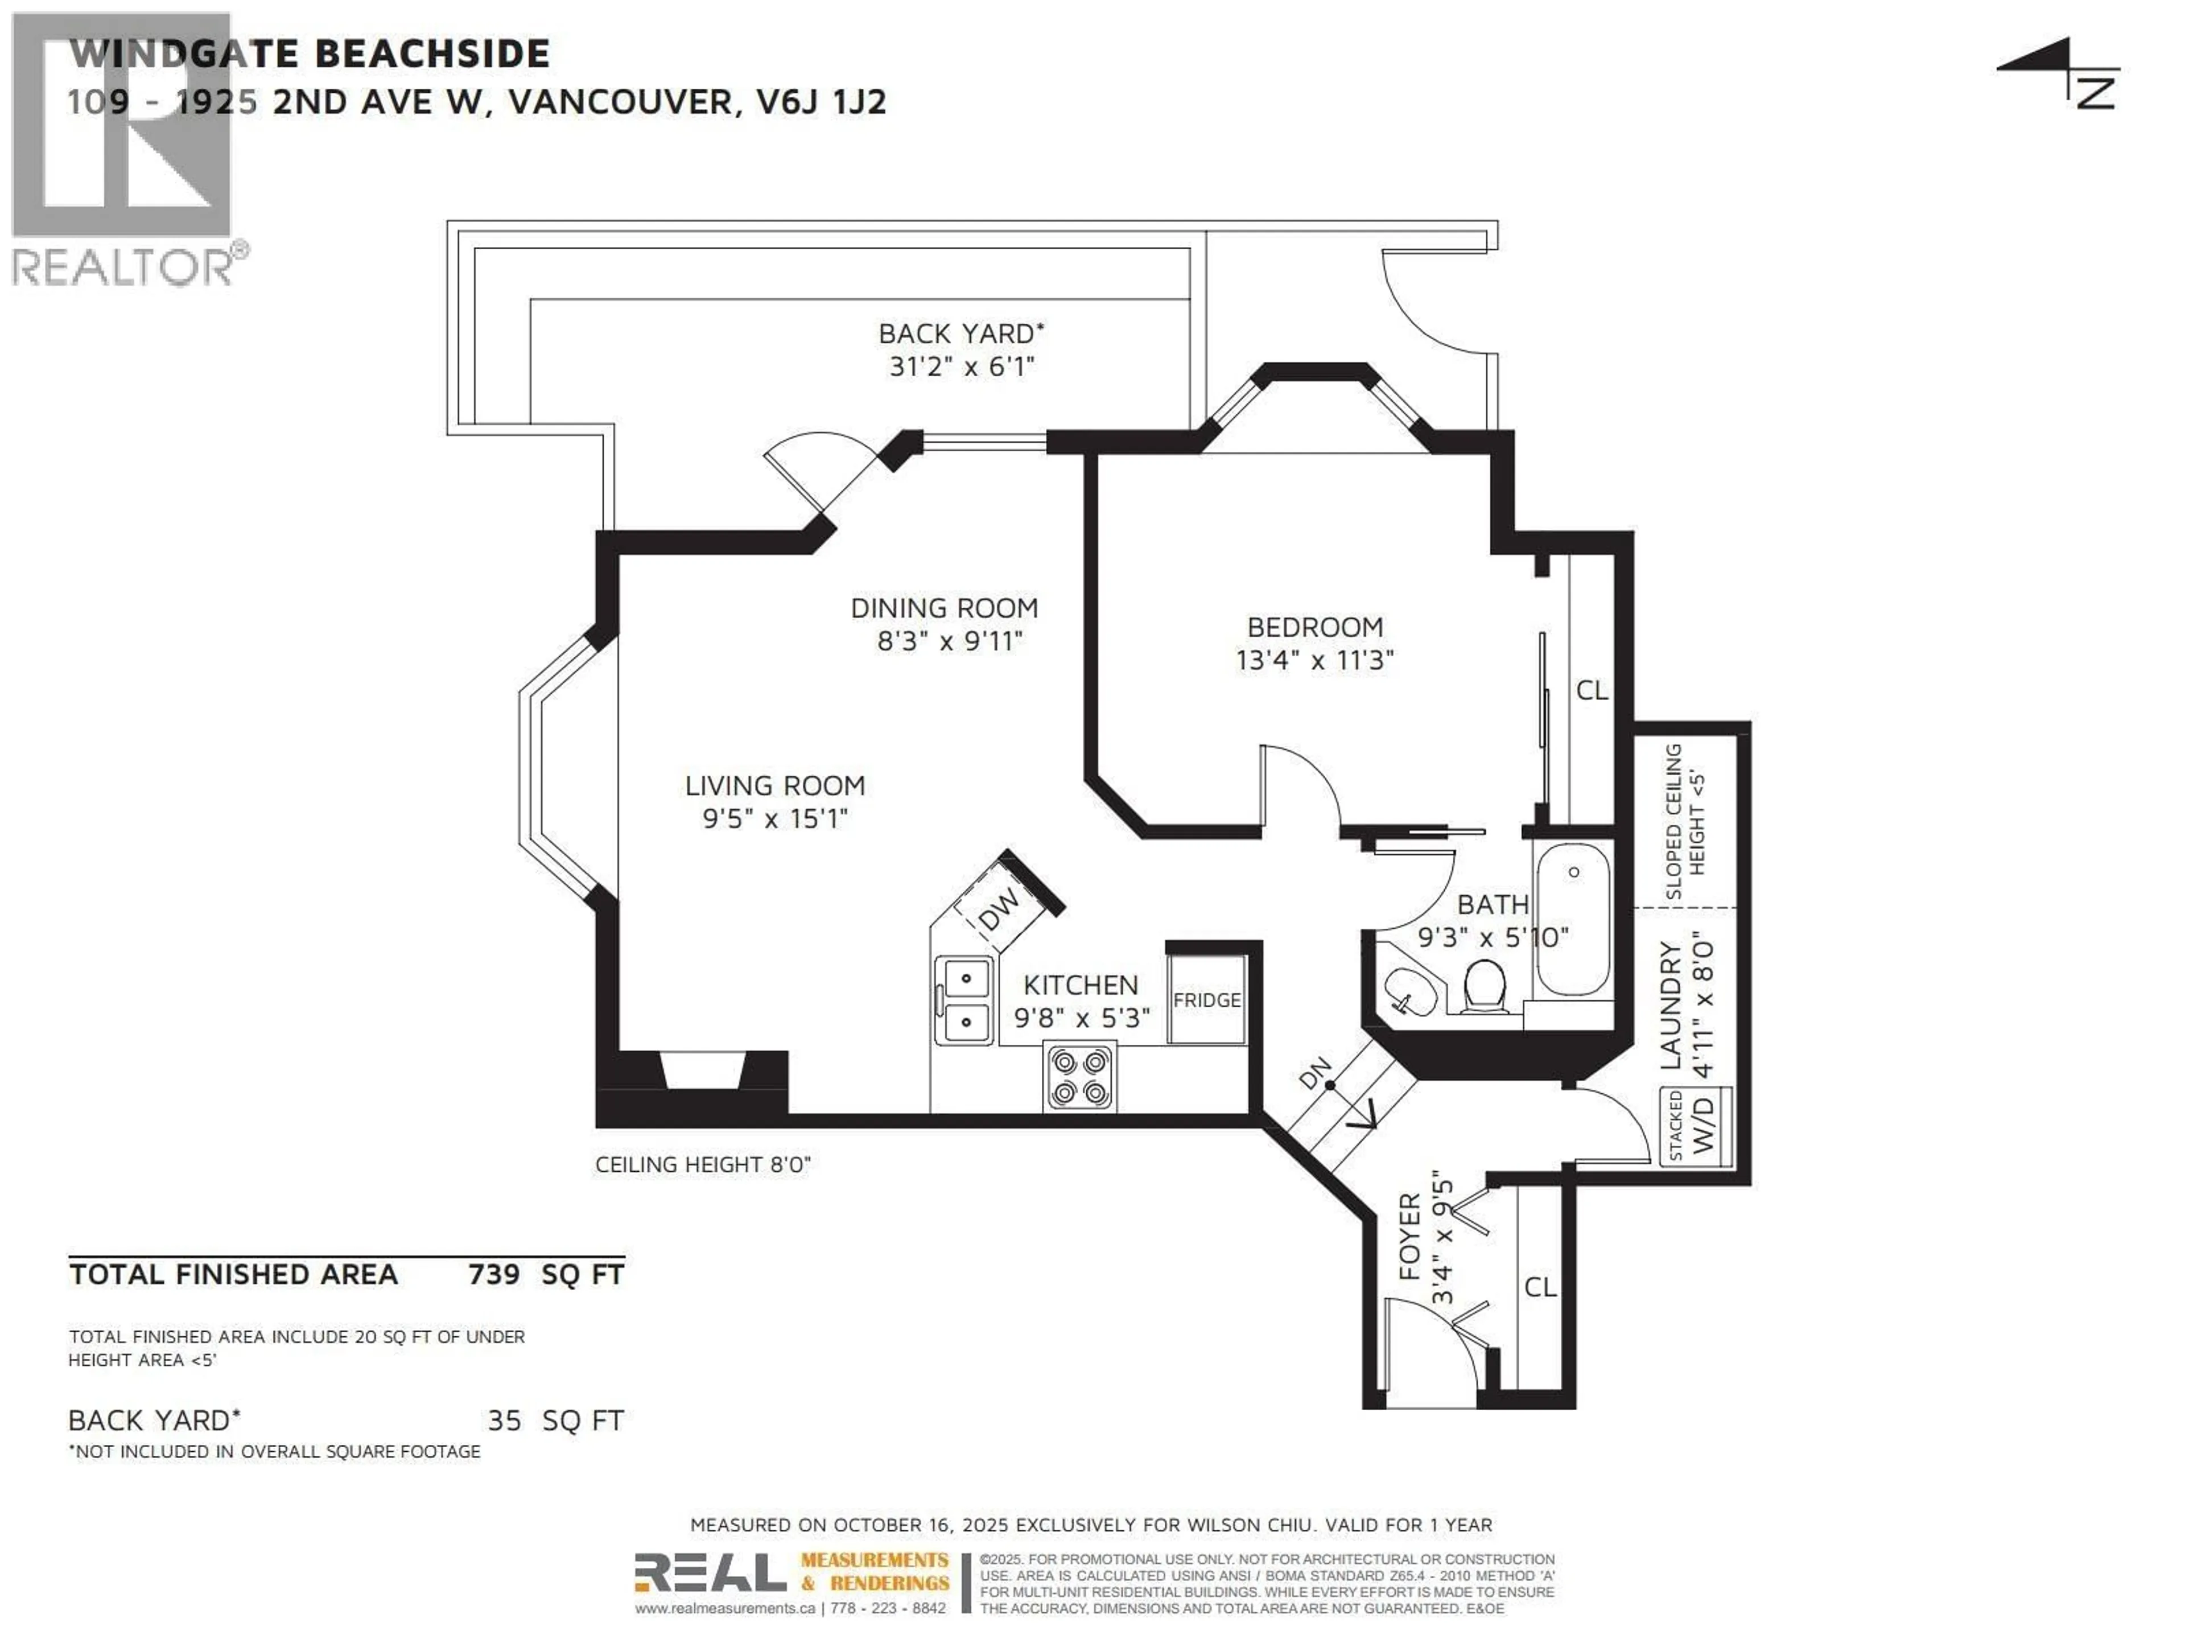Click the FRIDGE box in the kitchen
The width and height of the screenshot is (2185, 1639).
coord(1206,999)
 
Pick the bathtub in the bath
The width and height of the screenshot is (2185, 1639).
coord(1573,919)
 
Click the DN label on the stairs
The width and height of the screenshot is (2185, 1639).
coord(1315,1073)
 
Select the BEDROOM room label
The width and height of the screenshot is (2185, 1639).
coord(1315,627)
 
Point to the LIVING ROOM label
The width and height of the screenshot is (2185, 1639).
coord(776,785)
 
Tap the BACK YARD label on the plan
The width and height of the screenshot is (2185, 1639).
coord(961,333)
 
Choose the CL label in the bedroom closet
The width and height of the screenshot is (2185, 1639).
coord(1592,690)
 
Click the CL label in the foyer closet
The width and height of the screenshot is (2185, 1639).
coord(1540,1286)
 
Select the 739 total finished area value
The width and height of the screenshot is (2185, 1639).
coord(494,1274)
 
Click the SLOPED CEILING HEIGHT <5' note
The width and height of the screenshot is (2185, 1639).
coord(1685,821)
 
